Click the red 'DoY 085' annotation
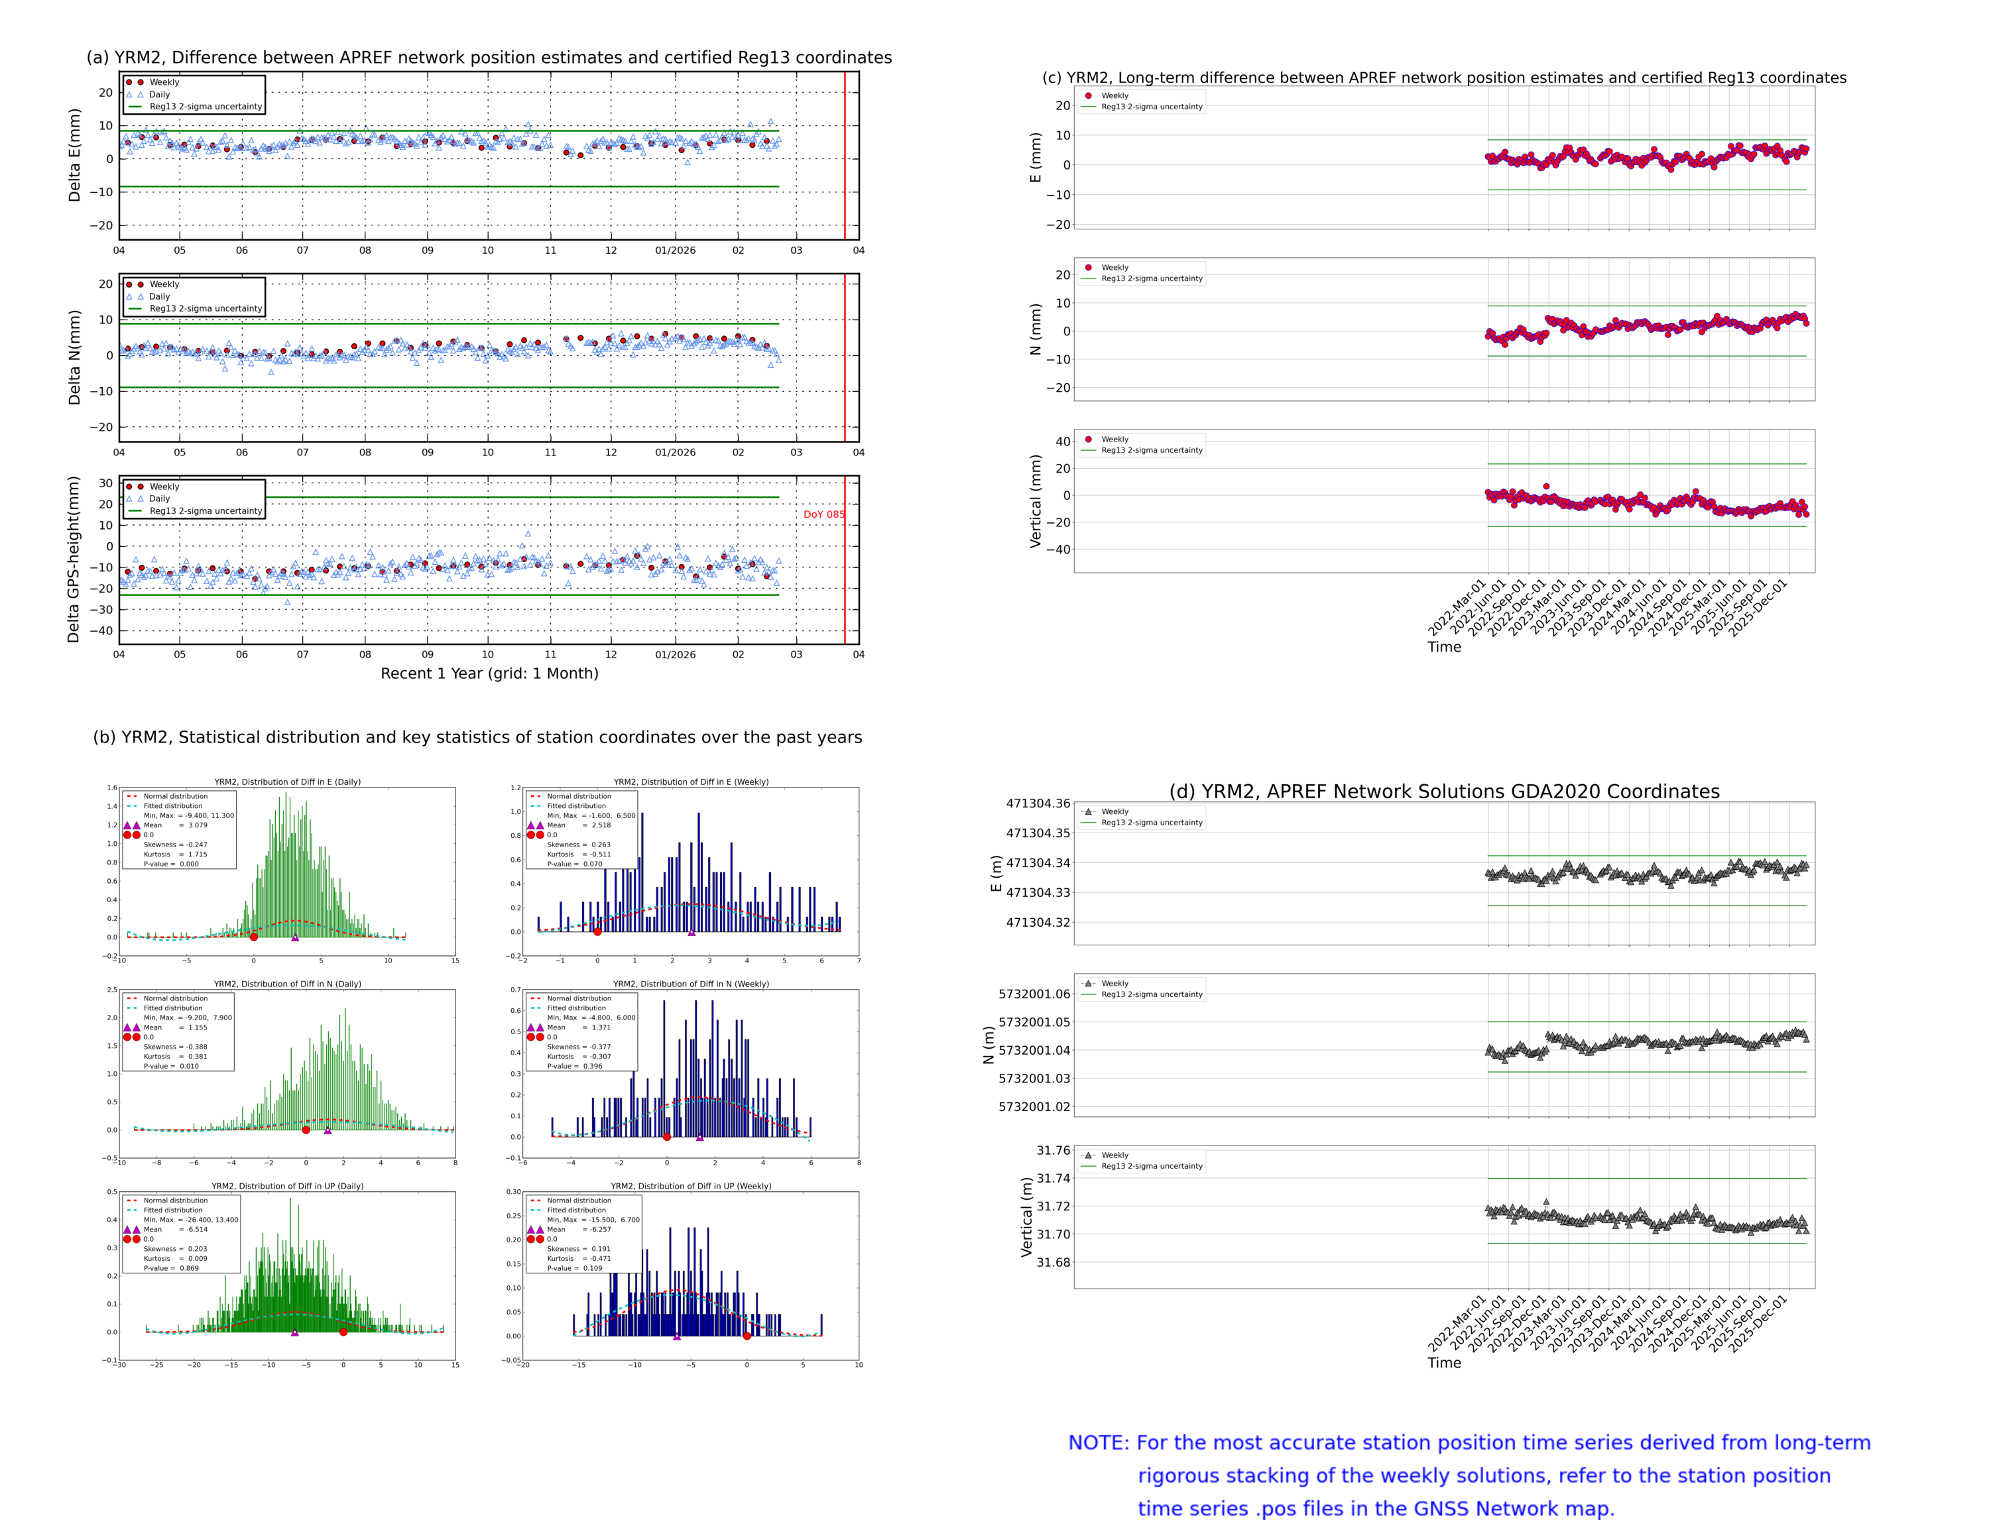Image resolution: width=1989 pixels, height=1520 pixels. (823, 514)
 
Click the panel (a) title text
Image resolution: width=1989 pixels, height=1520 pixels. (489, 57)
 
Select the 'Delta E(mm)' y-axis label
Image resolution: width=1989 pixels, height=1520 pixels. (74, 154)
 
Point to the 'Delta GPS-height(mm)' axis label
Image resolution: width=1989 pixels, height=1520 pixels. (74, 559)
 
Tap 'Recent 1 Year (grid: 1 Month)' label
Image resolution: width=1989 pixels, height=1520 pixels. (489, 673)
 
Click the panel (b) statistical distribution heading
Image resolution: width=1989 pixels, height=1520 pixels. (477, 737)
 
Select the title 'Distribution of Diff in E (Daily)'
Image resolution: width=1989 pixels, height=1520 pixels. (287, 782)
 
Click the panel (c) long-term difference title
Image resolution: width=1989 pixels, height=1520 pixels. (1443, 78)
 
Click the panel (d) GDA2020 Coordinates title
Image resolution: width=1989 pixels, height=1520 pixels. (1443, 791)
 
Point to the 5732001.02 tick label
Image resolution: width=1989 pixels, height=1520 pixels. (1034, 1106)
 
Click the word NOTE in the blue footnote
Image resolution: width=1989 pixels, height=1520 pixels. (1098, 1443)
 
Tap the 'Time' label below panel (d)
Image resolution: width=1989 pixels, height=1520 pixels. (1443, 1363)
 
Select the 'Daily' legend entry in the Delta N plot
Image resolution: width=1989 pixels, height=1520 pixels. (159, 297)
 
